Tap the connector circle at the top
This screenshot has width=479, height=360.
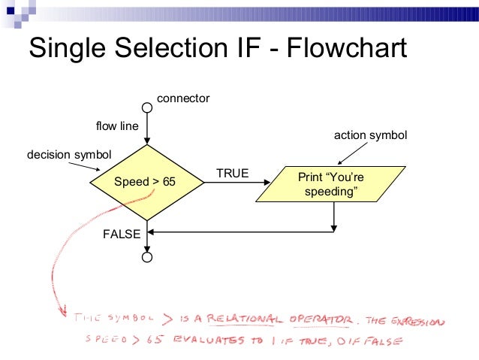[x=147, y=107]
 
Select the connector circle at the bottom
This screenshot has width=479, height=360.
[x=147, y=257]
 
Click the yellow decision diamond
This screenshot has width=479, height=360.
[x=147, y=182]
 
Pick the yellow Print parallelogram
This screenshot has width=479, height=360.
[x=330, y=185]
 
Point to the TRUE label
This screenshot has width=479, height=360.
[x=232, y=174]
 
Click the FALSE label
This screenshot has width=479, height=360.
[x=122, y=234]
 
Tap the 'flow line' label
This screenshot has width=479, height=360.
[x=117, y=126]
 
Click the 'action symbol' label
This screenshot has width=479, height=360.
[x=369, y=135]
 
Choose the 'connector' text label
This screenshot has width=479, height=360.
[x=182, y=98]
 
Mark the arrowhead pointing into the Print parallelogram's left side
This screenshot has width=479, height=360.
[x=266, y=182]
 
